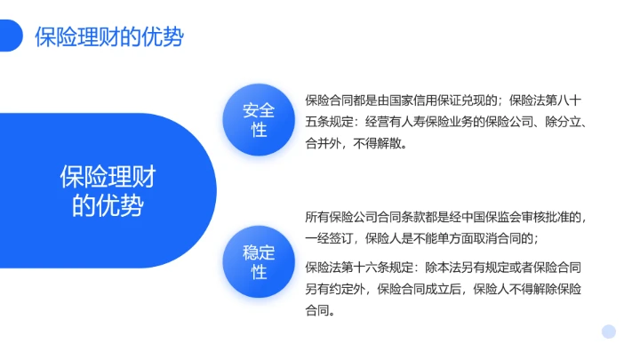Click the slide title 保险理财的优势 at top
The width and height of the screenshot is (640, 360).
coord(109,36)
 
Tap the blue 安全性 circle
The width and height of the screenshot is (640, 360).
coord(259,120)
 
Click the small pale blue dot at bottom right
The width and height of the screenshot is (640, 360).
coord(608,332)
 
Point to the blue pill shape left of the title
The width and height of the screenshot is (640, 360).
coord(10,36)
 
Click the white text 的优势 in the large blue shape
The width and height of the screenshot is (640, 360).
coord(107,205)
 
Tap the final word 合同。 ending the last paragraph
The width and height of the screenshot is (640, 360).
coord(321,310)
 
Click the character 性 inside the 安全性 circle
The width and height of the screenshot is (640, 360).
coord(259,131)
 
